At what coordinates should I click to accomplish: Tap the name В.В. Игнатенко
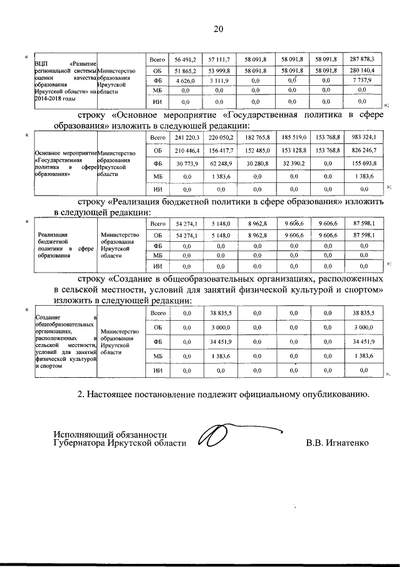(x=337, y=444)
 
